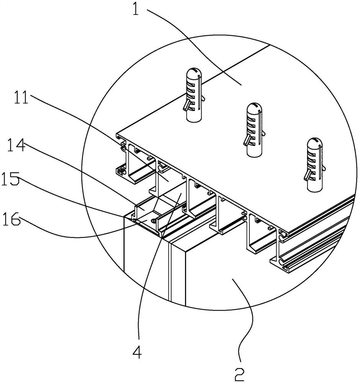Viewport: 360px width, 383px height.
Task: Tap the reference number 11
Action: coord(21,97)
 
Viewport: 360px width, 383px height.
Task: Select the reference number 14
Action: coord(16,145)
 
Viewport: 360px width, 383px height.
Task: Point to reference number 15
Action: coord(10,178)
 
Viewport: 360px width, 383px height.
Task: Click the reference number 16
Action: coord(11,218)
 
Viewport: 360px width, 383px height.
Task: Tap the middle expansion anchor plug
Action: coord(254,129)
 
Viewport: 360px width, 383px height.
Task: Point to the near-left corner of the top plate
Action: coord(116,134)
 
